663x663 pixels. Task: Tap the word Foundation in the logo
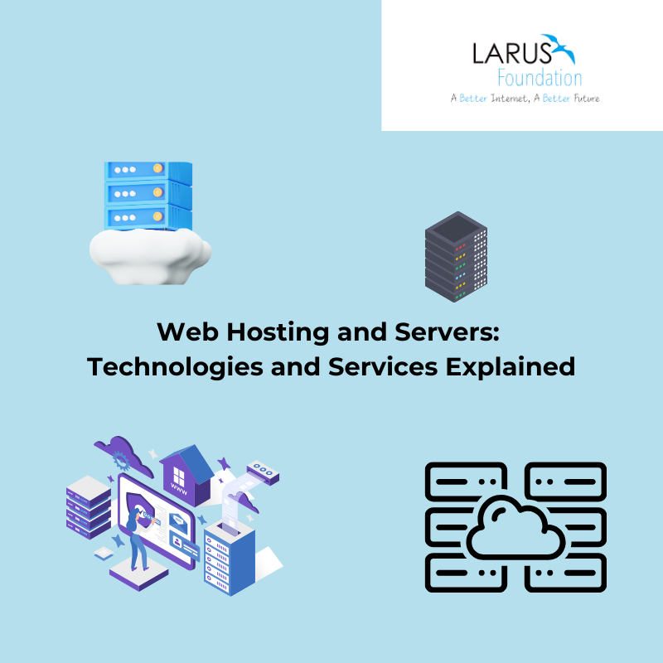(540, 79)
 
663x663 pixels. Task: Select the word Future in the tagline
(582, 98)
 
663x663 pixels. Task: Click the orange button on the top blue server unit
(181, 171)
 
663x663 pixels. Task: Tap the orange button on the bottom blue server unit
(181, 217)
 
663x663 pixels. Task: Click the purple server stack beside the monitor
(87, 506)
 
